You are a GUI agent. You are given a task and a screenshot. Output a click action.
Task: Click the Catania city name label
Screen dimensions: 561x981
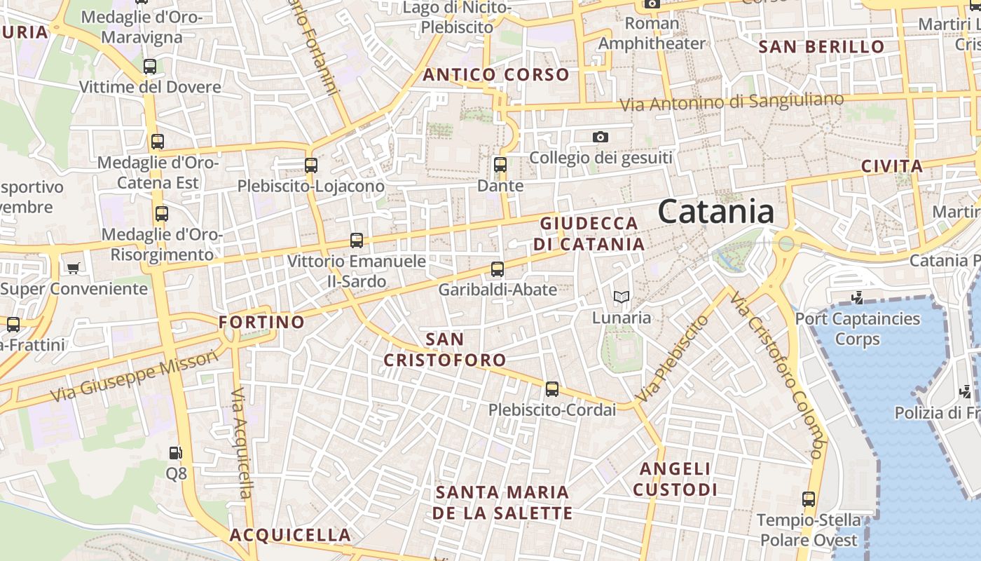[x=716, y=212]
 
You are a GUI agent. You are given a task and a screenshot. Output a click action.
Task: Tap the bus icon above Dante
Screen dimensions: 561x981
[x=500, y=165]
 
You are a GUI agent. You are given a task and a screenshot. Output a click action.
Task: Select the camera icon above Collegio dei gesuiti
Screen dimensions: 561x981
[x=601, y=137]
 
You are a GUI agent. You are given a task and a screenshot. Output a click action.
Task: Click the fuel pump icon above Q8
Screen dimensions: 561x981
[x=175, y=453]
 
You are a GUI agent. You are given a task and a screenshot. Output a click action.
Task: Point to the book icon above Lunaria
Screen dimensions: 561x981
[x=621, y=297]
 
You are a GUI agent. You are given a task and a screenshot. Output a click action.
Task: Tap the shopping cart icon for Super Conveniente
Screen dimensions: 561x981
[x=73, y=267]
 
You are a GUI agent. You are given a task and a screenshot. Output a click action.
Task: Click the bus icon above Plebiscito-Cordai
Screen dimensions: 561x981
[x=552, y=388]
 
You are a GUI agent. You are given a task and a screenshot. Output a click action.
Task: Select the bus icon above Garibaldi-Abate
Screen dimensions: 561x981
[x=498, y=269]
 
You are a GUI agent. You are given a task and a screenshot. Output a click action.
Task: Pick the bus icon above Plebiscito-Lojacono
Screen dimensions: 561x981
[x=311, y=165]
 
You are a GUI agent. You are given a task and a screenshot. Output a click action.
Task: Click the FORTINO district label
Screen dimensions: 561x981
[x=262, y=322]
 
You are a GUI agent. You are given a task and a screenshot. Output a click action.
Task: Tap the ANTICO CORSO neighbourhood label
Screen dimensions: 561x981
[x=496, y=74]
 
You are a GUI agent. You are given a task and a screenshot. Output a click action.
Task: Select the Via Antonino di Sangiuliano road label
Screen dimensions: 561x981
[x=732, y=102]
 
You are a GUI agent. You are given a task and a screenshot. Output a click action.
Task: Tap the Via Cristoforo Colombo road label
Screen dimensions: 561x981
[x=777, y=375]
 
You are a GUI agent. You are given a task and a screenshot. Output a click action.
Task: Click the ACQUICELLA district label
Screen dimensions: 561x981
[x=290, y=534]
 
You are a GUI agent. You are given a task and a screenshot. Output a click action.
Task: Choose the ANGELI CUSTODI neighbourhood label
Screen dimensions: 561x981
[x=675, y=479]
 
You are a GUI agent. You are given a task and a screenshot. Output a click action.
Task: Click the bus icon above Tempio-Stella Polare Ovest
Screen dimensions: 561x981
[x=809, y=499]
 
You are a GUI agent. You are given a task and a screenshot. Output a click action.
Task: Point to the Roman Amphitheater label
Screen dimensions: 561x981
[x=652, y=33]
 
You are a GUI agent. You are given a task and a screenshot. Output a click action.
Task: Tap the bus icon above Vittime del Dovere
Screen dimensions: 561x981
[x=150, y=67]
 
